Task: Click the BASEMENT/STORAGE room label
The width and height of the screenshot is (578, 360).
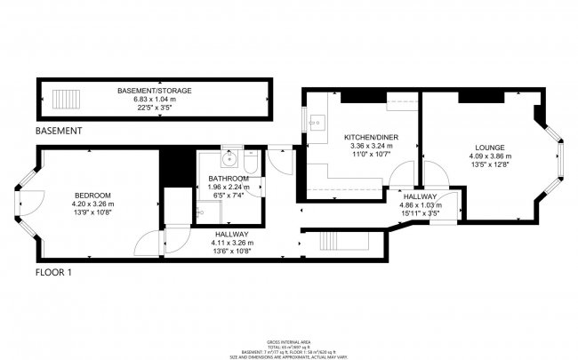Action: (x=149, y=91)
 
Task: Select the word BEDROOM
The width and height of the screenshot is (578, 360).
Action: (x=92, y=196)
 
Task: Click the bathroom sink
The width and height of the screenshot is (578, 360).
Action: (x=230, y=161)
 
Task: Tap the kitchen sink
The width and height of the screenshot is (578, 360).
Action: (x=315, y=121)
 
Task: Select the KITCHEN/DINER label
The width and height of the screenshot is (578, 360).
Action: (x=370, y=137)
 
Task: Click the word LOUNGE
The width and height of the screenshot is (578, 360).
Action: (x=490, y=148)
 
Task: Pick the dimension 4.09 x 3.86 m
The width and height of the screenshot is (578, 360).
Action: (x=490, y=156)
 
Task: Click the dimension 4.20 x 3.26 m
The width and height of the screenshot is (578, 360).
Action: (x=92, y=204)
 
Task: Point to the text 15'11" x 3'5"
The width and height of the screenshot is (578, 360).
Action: (x=419, y=212)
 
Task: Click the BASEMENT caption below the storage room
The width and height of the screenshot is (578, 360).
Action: (x=59, y=131)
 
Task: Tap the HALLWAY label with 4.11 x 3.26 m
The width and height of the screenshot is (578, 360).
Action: (x=232, y=236)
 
